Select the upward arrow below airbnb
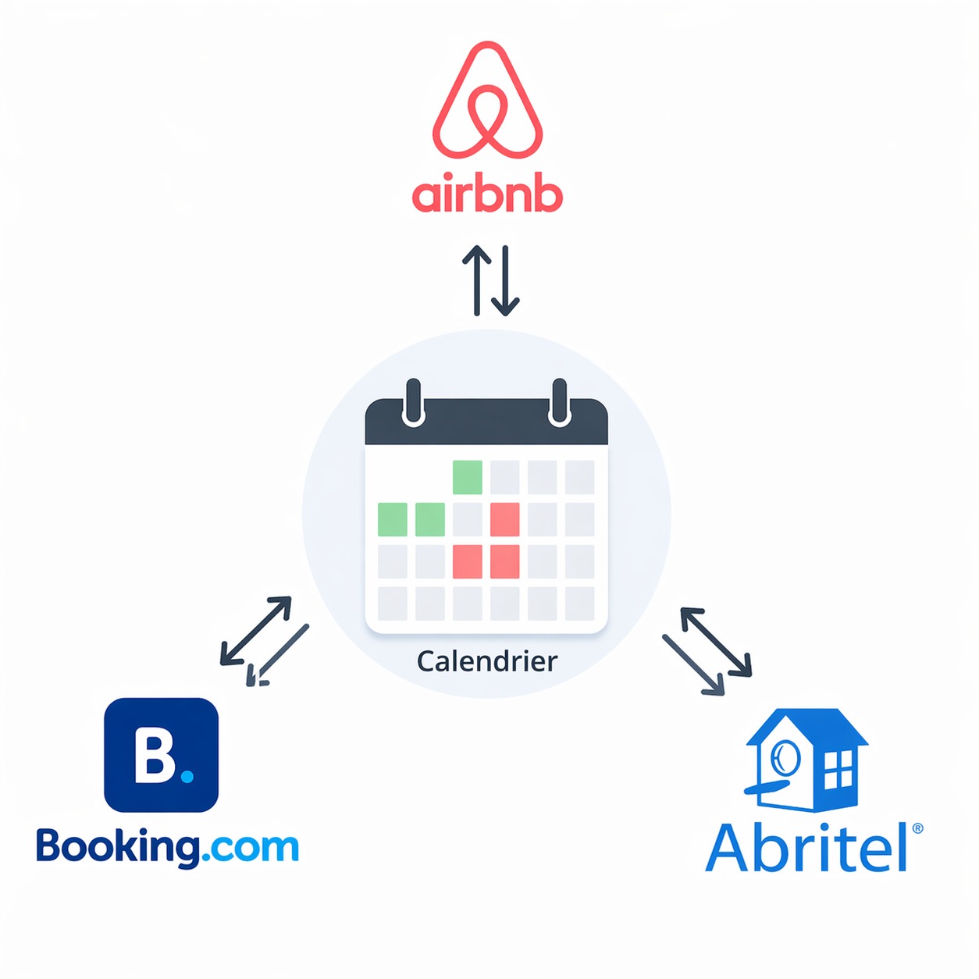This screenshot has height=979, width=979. [476, 280]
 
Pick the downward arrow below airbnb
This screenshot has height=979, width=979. [505, 280]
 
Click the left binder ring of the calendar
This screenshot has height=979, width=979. [413, 403]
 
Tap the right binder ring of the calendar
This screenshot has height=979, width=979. [559, 403]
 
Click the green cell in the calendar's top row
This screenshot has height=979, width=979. [468, 477]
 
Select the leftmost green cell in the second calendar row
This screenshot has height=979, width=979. [393, 519]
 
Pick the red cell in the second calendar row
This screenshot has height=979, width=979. [505, 519]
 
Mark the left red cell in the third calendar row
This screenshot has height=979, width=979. [468, 561]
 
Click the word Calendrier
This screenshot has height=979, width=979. [487, 661]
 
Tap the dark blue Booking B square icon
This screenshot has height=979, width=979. [161, 755]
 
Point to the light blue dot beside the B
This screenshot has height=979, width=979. [187, 776]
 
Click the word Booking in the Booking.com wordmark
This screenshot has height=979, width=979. [117, 847]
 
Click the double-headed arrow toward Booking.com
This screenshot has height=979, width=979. [256, 631]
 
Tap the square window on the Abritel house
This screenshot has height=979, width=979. [838, 769]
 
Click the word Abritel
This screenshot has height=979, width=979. [807, 848]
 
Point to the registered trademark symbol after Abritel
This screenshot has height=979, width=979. [917, 828]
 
